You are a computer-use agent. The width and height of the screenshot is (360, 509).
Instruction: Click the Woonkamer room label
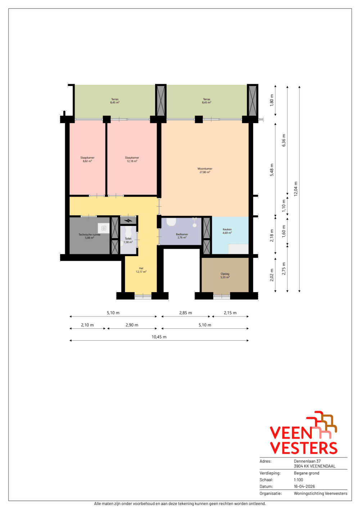[x=205, y=170]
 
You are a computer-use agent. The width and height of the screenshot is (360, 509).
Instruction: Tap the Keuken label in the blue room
[x=227, y=231]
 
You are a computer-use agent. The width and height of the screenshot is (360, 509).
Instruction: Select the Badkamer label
[x=182, y=236]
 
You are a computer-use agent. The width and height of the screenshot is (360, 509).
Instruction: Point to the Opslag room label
[x=225, y=276]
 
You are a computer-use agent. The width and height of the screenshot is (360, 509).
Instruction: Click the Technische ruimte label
[x=89, y=236]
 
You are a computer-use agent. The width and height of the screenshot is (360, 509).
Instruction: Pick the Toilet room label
[x=128, y=240]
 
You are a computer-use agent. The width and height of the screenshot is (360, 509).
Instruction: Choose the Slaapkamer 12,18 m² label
[x=132, y=159]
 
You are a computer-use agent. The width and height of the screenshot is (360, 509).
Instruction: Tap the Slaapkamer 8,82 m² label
[x=87, y=159]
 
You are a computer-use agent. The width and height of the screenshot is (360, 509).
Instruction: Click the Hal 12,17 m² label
[x=141, y=270]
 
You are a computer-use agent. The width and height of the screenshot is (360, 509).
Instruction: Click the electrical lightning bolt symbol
[x=129, y=220]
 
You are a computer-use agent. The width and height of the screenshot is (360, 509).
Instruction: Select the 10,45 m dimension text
[x=159, y=337]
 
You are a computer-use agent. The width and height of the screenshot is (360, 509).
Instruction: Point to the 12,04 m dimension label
[x=296, y=189]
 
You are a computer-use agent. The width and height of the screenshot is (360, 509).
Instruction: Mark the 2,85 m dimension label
[x=185, y=313]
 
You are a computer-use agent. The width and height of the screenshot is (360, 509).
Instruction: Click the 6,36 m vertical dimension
[x=284, y=140]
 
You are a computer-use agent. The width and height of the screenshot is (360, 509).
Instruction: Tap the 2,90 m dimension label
[x=132, y=325]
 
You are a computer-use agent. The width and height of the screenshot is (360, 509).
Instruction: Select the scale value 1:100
[x=298, y=480]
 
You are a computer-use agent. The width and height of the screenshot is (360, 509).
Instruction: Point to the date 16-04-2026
[x=304, y=486]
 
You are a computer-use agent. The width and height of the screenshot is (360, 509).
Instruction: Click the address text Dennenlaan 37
[x=307, y=461]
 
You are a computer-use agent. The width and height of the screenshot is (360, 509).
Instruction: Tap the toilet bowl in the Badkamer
[x=171, y=222]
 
